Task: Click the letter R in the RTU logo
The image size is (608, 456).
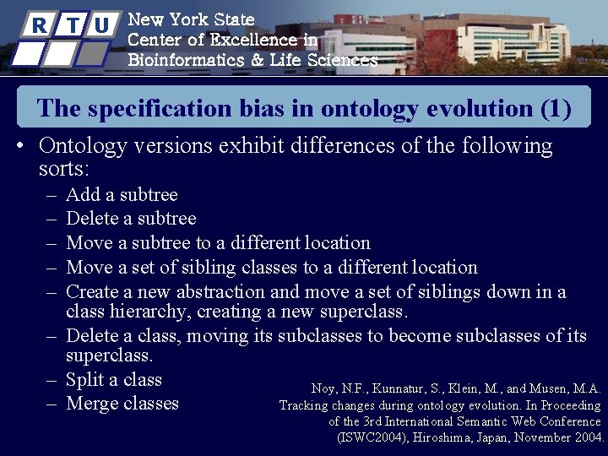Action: click(x=40, y=25)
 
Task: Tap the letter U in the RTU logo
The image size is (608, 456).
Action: click(x=101, y=25)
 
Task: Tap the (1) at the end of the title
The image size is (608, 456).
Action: click(x=555, y=109)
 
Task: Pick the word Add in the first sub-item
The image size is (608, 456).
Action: click(x=81, y=195)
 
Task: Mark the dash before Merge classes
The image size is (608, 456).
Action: click(x=51, y=404)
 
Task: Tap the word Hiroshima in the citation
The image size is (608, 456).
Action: click(x=443, y=437)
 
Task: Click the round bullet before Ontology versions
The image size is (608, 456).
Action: click(x=19, y=146)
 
